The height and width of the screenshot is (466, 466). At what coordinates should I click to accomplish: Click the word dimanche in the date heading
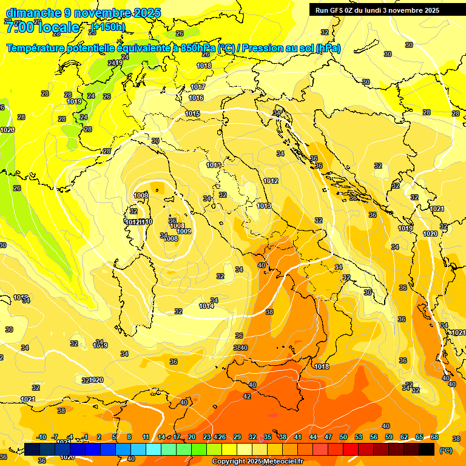[x=30, y=13]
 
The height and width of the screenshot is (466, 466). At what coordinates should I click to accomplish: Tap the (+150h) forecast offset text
[x=107, y=27]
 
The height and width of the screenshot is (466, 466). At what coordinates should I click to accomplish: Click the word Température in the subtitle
[x=37, y=49]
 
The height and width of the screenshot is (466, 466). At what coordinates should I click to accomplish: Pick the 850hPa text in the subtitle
[x=198, y=49]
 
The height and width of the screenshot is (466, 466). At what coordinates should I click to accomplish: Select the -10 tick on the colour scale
[x=41, y=437]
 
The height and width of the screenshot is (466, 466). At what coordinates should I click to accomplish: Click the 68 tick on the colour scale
[x=434, y=437]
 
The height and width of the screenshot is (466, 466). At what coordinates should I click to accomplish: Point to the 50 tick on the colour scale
[x=343, y=437]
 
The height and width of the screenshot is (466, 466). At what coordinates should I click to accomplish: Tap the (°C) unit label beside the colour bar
[x=445, y=450]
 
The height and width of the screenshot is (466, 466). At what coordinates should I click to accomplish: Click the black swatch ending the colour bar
[x=427, y=449]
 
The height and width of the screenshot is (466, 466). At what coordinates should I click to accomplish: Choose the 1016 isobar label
[x=196, y=98]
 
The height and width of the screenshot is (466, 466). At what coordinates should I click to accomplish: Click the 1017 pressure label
[x=198, y=87]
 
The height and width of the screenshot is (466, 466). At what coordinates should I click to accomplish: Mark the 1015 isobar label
[x=192, y=113]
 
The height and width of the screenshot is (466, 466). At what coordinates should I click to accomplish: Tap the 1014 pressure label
[x=206, y=306]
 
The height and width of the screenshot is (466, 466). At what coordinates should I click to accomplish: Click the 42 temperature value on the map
[x=247, y=396]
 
